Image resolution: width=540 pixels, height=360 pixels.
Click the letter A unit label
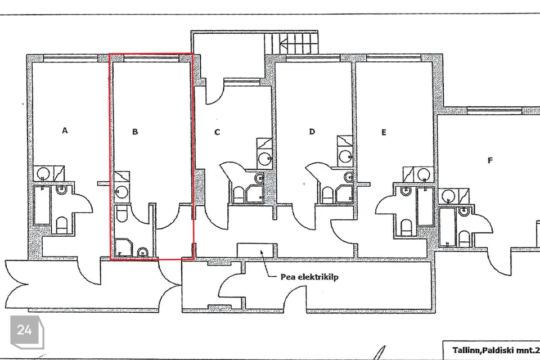click(65, 130)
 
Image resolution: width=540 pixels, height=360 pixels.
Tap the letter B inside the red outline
click(135, 132)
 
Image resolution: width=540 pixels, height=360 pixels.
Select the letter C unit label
click(217, 132)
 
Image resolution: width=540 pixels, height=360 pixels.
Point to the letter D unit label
click(312, 132)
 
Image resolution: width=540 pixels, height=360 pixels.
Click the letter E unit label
click(384, 132)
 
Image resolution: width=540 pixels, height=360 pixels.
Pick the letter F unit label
click(490, 160)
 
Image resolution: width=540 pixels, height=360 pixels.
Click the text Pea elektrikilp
click(309, 277)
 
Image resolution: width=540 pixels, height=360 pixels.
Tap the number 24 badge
click(25, 330)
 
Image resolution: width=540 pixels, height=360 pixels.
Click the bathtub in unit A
click(42, 205)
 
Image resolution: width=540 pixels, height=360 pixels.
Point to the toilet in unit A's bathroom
click(62, 226)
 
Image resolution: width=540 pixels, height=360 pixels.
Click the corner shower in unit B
click(123, 247)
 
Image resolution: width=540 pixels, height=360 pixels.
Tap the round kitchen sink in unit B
click(121, 192)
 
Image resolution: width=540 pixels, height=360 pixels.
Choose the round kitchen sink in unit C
click(265, 159)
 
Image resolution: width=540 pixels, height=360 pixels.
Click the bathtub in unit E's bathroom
click(425, 206)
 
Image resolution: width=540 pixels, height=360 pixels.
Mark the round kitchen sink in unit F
click(448, 196)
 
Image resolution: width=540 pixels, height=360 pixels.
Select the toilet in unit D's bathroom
click(327, 195)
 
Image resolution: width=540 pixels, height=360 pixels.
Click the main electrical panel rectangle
click(257, 250)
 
